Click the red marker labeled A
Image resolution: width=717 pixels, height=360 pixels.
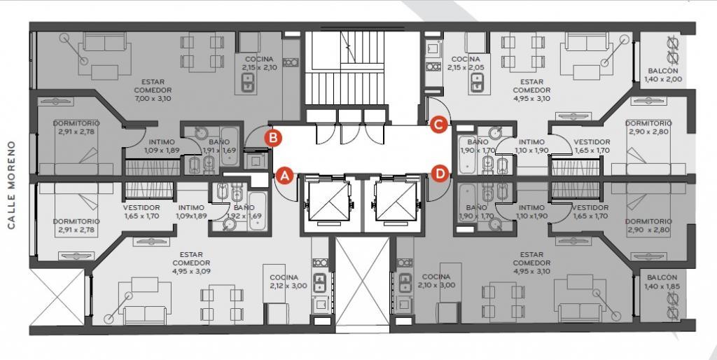285,175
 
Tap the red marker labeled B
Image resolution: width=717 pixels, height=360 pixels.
272,138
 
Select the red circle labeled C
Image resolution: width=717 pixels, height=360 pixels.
438,125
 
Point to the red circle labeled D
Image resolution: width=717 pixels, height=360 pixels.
440,174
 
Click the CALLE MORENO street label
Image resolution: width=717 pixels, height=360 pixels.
12,185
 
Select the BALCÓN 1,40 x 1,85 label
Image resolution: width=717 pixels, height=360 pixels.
662,282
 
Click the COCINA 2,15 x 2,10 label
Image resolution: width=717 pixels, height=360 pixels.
259,63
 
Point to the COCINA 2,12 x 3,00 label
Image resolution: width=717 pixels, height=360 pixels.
284,282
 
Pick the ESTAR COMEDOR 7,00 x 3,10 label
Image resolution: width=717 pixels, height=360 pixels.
153,90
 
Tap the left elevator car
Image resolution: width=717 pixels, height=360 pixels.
328,201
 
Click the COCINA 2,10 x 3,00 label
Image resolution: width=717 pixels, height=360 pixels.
436,281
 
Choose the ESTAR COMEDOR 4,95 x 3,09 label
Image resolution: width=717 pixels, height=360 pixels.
192,263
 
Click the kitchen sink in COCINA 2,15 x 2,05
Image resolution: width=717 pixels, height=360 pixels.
476,84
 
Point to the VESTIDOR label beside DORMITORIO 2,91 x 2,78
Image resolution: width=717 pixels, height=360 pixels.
141,212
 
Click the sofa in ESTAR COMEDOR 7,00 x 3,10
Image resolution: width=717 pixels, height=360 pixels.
105,44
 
